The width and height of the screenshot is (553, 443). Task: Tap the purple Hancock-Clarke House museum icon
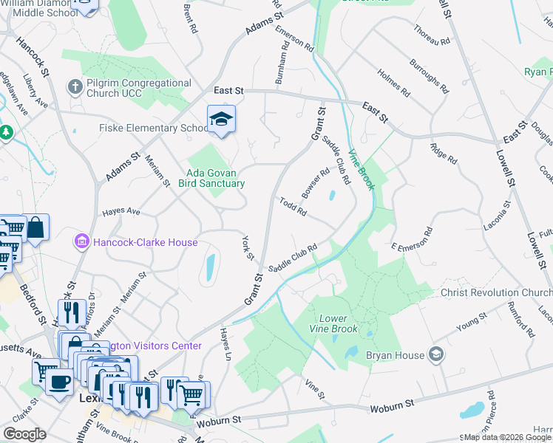coord(81,241)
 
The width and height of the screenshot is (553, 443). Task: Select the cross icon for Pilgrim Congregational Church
coord(74,88)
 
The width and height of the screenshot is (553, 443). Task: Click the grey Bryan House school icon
coord(437,354)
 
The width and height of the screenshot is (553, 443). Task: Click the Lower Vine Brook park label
coord(333,323)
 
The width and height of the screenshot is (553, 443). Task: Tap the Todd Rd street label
coord(294,207)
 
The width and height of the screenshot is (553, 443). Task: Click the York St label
coord(248,248)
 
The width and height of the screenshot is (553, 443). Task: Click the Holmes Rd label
coord(393,83)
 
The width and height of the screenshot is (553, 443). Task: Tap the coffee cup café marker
coord(58,382)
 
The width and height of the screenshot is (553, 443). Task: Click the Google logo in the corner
coord(24,434)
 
